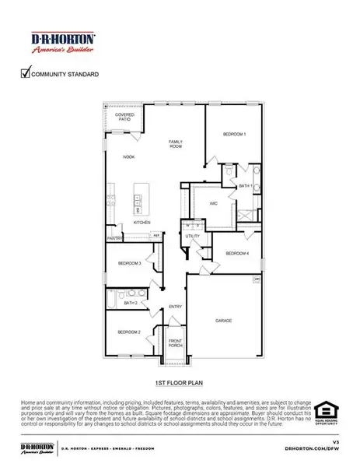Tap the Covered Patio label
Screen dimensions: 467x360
point(124,118)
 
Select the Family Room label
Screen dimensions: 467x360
point(176,143)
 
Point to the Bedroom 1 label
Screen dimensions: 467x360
point(234,135)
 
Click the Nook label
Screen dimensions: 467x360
point(129,157)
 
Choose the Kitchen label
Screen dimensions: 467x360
point(141,223)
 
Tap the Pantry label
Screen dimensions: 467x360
point(114,239)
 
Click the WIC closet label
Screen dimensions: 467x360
point(212,203)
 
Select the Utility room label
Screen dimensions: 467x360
point(193,236)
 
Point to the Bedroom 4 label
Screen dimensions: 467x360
point(237,254)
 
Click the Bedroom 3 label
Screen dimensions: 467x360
point(129,264)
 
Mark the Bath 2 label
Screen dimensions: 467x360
point(130,303)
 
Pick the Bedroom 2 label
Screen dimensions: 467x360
point(129,332)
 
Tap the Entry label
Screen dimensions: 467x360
point(175,306)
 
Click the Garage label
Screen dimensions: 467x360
point(224,320)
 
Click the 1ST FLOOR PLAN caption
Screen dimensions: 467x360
point(180,384)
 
